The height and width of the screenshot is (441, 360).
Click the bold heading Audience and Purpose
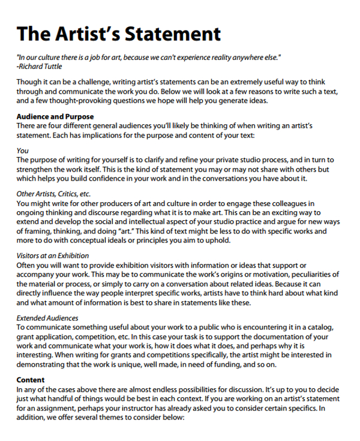pos(55,116)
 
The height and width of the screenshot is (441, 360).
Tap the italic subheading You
pos(23,151)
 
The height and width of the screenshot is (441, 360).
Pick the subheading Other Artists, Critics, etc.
pos(53,194)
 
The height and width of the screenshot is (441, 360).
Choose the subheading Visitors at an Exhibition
pos(53,256)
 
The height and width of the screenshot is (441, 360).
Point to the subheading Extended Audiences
pos(47,317)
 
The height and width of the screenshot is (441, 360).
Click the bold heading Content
pos(30,380)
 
